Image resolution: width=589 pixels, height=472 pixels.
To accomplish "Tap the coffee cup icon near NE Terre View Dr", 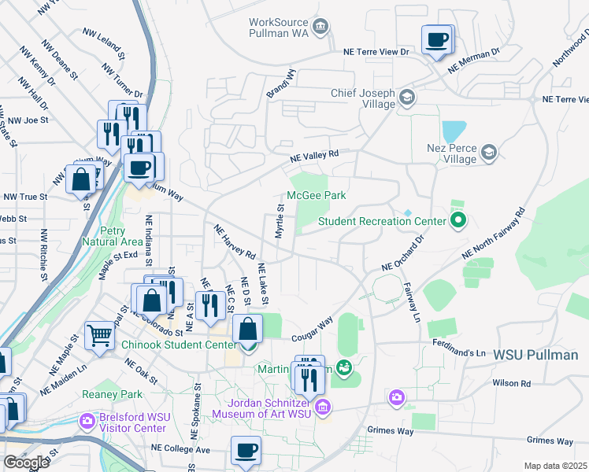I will [437, 39].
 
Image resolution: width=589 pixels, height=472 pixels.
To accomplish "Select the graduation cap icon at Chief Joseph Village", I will [407, 98].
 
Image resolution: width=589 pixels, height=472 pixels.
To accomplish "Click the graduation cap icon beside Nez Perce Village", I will [488, 152].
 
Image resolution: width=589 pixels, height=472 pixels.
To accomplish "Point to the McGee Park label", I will [316, 195].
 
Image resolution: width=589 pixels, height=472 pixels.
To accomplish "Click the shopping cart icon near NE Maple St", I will [99, 335].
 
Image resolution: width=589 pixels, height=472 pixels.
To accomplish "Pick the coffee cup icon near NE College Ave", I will [246, 451].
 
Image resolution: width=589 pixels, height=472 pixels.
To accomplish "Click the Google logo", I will [26, 462].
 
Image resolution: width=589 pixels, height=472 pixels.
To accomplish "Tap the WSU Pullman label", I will [535, 356].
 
